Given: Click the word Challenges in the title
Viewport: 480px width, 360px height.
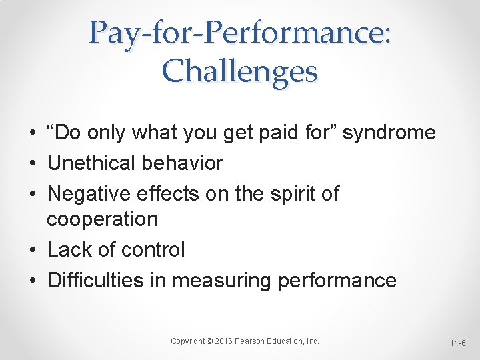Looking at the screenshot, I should point(239,71).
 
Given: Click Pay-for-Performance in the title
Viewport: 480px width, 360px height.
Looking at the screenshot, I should point(237,32).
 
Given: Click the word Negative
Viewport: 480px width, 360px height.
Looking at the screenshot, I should point(89,194).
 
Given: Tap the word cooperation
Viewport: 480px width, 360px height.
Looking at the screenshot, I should point(102,219).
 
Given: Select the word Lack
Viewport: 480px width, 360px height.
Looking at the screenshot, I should point(70,250).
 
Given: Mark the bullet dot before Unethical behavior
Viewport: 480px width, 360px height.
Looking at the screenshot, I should point(33,163).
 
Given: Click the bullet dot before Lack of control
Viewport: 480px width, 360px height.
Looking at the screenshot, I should point(33,251).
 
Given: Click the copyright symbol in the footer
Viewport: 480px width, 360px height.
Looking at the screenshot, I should point(210,341).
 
